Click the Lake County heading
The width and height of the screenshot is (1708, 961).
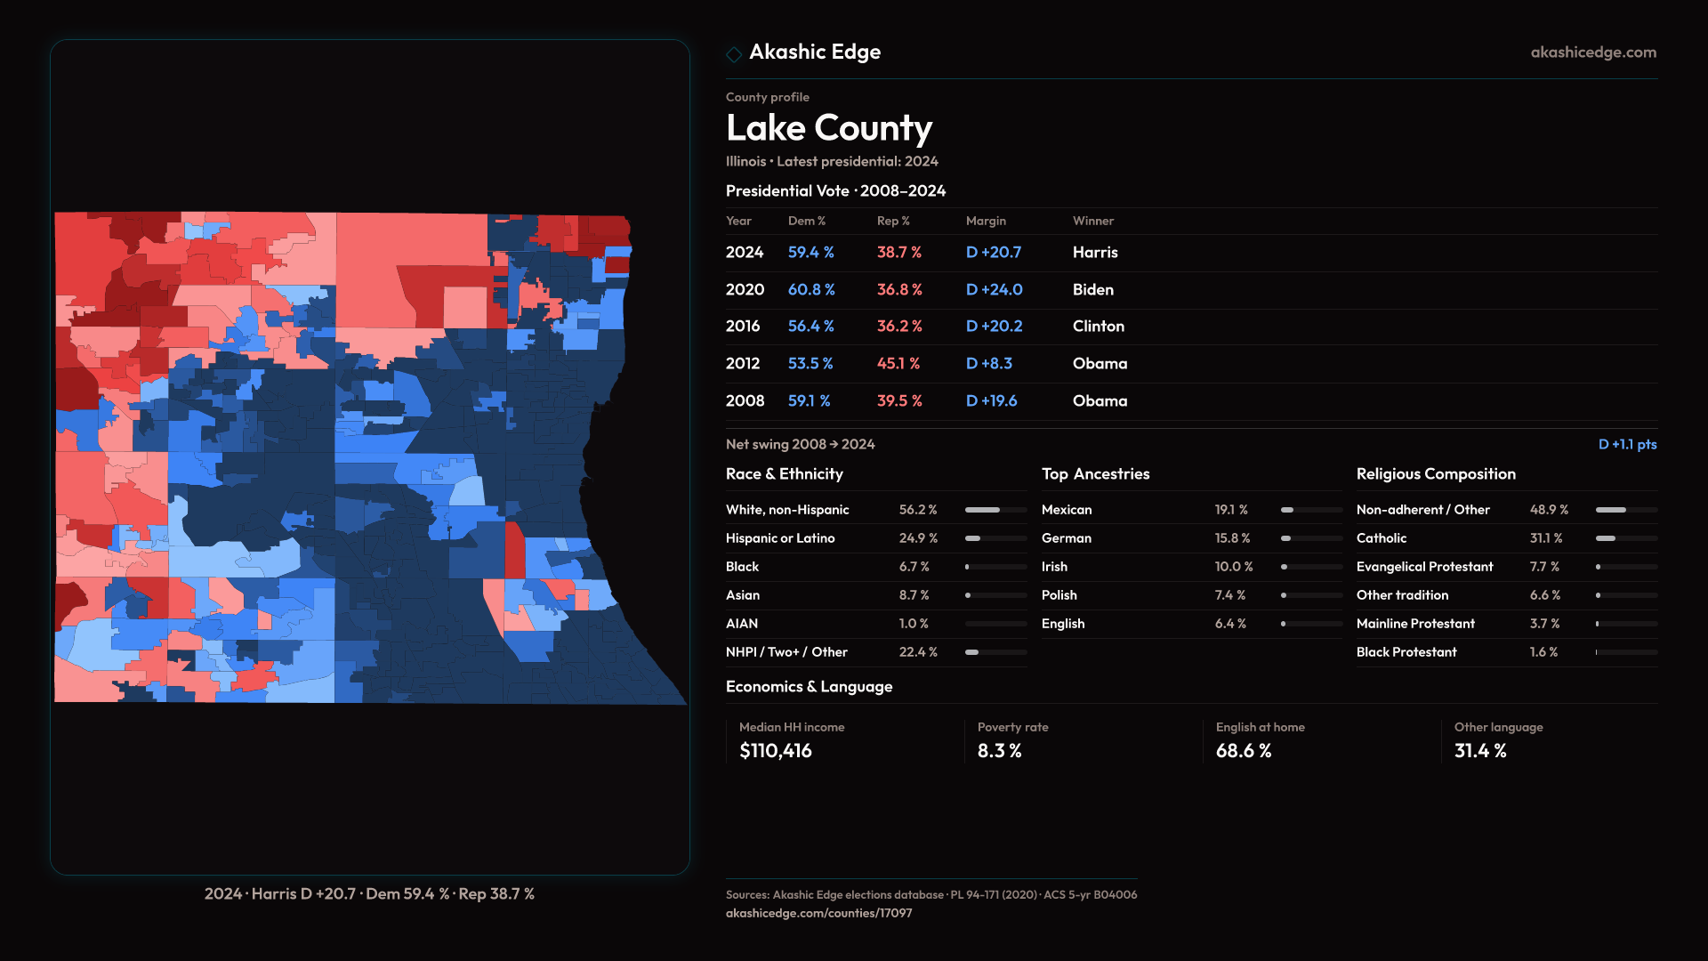[828, 128]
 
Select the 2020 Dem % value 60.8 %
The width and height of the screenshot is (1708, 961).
[810, 290]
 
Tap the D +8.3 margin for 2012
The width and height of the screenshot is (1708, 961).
[988, 364]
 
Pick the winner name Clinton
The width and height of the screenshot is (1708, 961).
[1098, 327]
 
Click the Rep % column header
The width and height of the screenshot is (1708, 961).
[892, 222]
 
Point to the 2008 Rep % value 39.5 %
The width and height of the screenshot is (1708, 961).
[898, 401]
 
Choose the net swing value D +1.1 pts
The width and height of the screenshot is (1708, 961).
[1627, 445]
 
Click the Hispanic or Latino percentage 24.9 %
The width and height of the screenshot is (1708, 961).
[917, 538]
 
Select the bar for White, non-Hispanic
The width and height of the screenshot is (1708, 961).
[995, 510]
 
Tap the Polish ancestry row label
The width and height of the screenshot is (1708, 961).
[1059, 595]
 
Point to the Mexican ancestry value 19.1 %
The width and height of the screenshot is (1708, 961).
[1230, 510]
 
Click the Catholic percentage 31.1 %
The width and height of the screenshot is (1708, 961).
[1545, 538]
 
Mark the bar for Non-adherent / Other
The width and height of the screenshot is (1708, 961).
[1626, 510]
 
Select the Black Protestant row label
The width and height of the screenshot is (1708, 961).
[1406, 652]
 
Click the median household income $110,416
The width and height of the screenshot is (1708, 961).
[775, 751]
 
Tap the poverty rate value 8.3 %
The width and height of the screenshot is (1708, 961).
[999, 751]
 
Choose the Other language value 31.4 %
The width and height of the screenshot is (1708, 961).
[1479, 751]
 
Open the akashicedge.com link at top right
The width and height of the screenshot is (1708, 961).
[1592, 52]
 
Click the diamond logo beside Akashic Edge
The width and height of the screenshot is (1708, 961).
[734, 54]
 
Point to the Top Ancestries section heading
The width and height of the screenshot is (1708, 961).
[1095, 474]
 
